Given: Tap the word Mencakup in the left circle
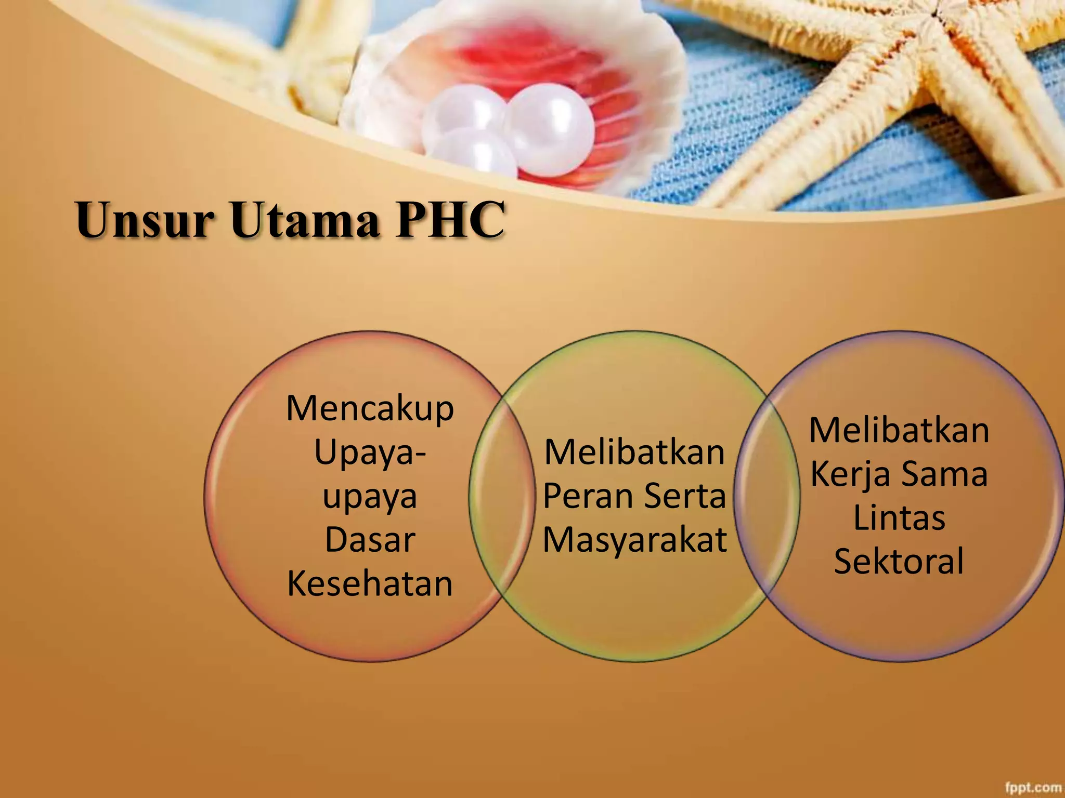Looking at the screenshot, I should tap(370, 408).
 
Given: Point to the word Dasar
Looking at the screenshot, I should tap(370, 540).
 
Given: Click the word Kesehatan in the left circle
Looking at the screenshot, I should tap(370, 584).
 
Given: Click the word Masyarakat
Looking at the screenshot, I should tap(634, 540).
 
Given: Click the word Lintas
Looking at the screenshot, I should tap(899, 518).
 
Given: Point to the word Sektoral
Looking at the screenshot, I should tap(899, 561).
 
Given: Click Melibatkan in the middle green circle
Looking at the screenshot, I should tap(634, 452).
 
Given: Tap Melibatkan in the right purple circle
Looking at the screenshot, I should tap(899, 430).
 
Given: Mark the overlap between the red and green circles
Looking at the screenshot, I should tap(502, 496).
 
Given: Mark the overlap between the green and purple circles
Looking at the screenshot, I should tap(767, 496).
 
